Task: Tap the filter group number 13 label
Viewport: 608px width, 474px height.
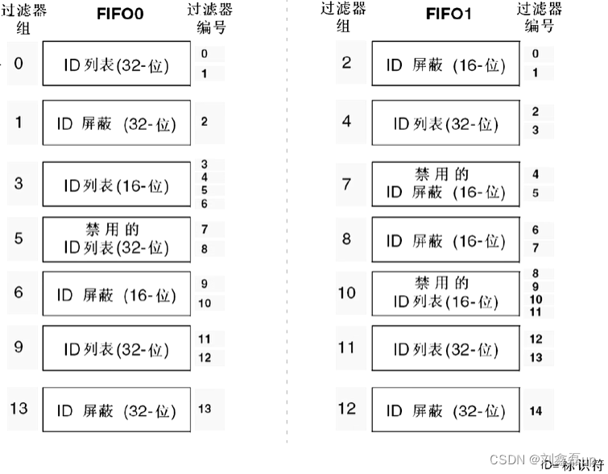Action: (19, 408)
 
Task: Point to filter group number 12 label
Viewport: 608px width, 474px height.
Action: (346, 409)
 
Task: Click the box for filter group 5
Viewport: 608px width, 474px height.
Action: (117, 239)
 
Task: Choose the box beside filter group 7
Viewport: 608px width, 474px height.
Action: (445, 184)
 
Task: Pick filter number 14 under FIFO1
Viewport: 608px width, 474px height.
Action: (536, 411)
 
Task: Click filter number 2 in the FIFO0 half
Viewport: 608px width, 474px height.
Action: (205, 122)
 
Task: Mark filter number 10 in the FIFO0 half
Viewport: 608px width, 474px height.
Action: (205, 303)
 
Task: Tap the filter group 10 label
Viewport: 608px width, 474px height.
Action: (346, 293)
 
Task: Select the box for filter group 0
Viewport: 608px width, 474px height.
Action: (117, 65)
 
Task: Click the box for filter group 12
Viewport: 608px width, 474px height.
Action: (445, 410)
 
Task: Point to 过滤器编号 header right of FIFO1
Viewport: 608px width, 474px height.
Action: (539, 18)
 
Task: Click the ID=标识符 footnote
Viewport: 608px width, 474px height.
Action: (573, 466)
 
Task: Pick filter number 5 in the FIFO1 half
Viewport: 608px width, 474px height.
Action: (536, 193)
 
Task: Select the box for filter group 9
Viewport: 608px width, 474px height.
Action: (117, 350)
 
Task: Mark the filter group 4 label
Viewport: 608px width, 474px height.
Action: (346, 122)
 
